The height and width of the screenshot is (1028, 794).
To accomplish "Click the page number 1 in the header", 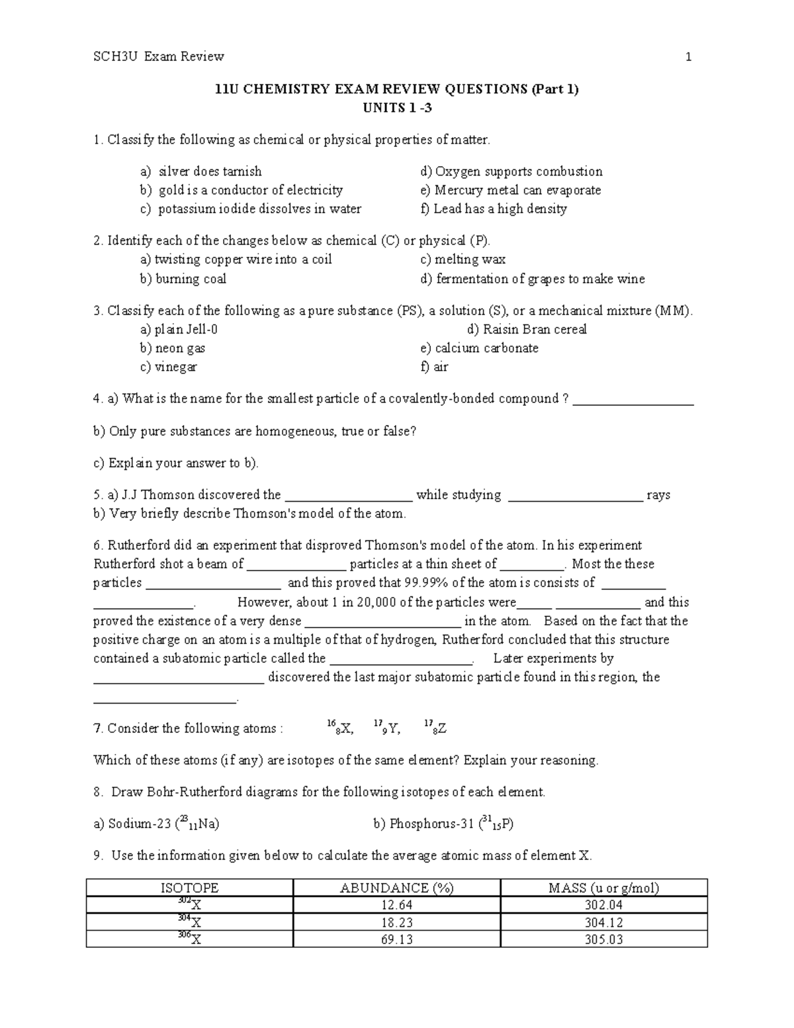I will (x=688, y=57).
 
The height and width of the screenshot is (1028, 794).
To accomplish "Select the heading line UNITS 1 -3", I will (x=397, y=108).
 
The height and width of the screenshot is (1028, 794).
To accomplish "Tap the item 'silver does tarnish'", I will (x=210, y=171).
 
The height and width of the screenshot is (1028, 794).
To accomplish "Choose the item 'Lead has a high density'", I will (x=500, y=209).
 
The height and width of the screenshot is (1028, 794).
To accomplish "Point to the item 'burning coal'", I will (x=191, y=279).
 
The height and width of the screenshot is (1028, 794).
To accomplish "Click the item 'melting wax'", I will (x=470, y=259).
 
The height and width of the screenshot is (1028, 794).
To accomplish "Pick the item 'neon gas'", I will (x=180, y=348).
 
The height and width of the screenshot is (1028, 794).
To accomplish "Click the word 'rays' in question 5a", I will (x=658, y=495).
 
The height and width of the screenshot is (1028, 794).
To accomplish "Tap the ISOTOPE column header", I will (x=190, y=888).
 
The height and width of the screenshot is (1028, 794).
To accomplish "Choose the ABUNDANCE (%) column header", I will (x=396, y=888).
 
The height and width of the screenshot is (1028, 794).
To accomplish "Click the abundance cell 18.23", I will (x=396, y=922).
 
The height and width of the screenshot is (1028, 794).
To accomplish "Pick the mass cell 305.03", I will (x=603, y=939).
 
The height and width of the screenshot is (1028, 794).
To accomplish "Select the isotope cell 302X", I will (x=190, y=905).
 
